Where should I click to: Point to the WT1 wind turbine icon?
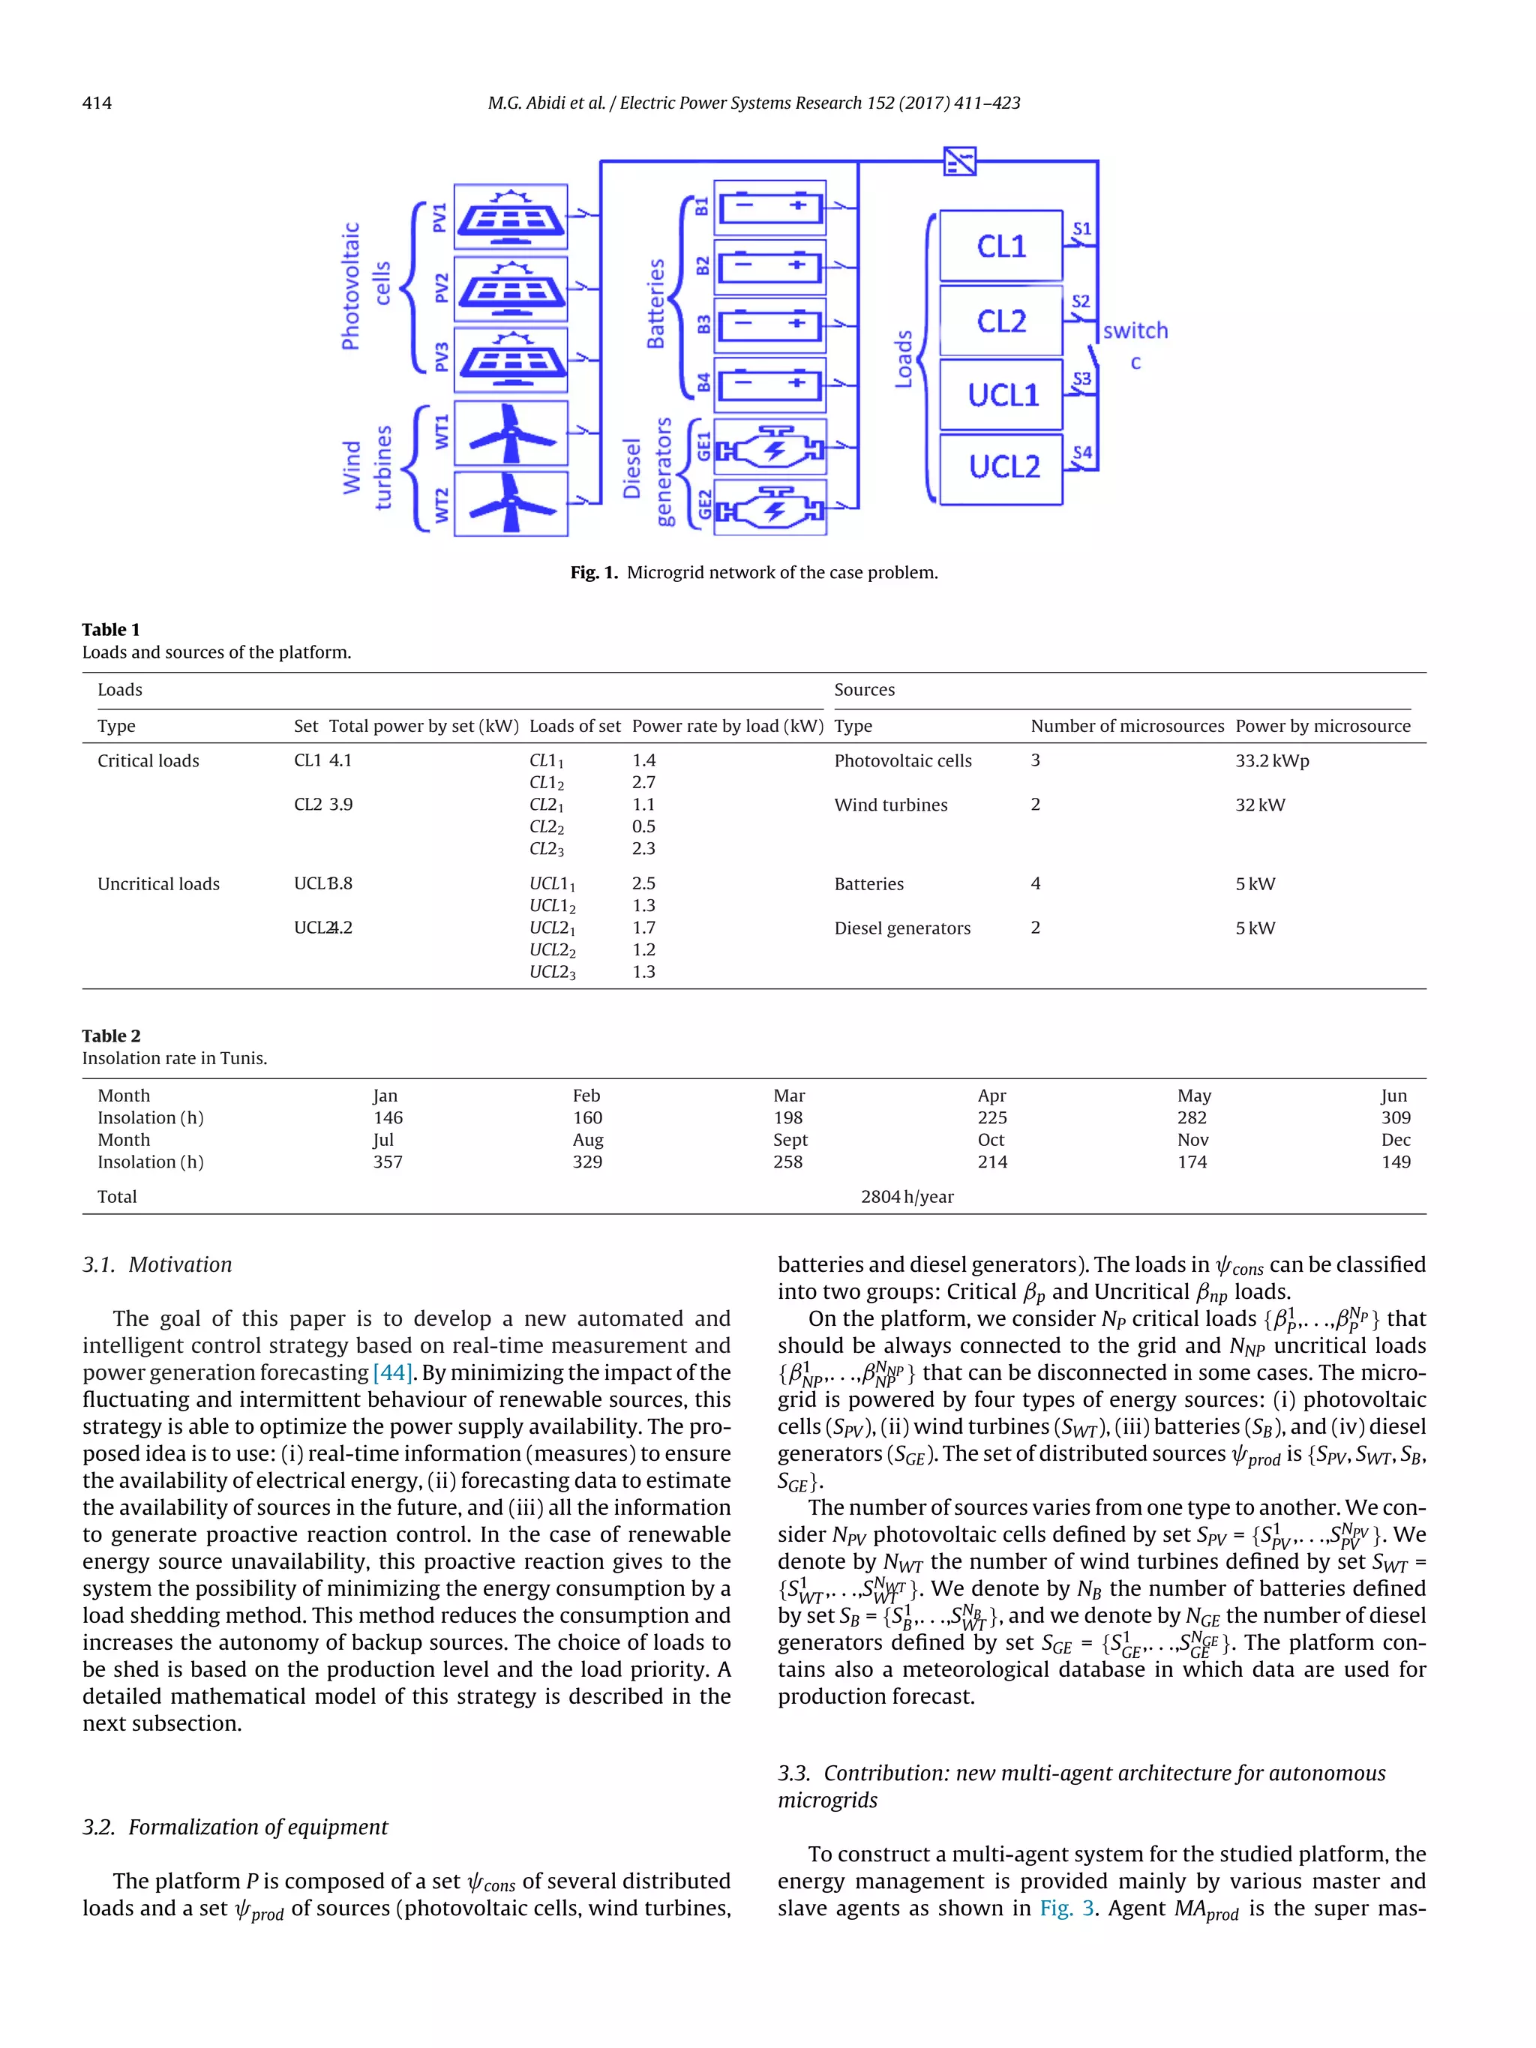coord(510,433)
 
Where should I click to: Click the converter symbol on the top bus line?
coord(959,162)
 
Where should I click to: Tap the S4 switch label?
coord(1081,451)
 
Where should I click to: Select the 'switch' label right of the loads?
coord(1135,331)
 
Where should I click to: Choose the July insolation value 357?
coord(387,1161)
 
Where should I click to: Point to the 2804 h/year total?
coord(907,1196)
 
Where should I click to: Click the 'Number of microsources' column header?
coord(1126,726)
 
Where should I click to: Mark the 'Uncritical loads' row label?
coord(158,883)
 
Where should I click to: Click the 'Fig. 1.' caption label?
coord(593,572)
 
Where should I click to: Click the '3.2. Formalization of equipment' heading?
coord(235,1827)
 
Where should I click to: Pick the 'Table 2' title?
coord(111,1035)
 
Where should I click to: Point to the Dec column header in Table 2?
coord(1395,1140)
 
